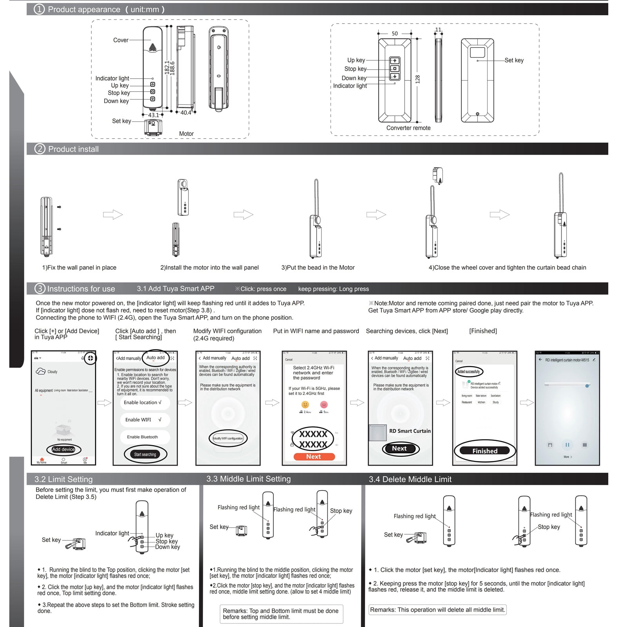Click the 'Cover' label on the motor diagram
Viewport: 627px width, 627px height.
121,40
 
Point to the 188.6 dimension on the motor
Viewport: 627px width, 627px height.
172,68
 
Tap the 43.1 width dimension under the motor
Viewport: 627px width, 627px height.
154,115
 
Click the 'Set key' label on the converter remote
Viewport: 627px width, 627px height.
514,60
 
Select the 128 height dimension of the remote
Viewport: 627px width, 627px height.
417,79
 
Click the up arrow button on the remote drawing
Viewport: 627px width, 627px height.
395,61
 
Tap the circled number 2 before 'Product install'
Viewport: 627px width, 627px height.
40,149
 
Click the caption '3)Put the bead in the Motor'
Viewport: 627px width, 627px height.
318,267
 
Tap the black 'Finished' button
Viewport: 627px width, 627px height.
484,451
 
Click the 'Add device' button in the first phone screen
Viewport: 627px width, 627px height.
63,449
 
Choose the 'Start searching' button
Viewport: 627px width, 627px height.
145,454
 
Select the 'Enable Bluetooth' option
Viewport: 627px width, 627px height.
142,437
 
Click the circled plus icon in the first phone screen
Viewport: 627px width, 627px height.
90,358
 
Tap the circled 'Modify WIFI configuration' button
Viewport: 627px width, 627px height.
228,438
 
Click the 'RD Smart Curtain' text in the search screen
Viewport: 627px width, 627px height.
410,431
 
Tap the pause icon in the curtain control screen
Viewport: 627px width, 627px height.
567,445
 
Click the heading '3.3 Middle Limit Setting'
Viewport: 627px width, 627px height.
248,479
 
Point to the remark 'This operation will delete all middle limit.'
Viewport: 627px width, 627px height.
437,610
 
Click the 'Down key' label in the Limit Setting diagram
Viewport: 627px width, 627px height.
167,547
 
